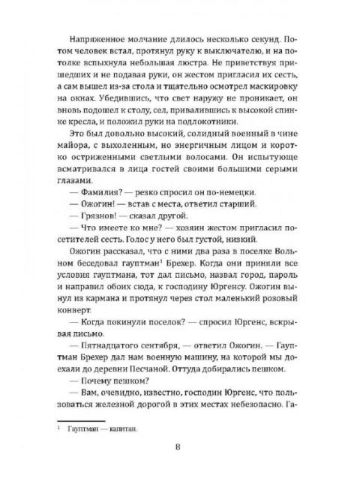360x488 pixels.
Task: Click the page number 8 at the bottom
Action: pyautogui.click(x=178, y=449)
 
